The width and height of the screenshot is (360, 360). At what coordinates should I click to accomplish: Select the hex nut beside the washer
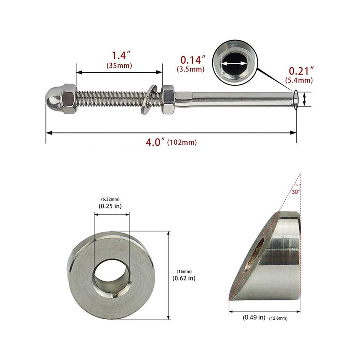(x=168, y=99)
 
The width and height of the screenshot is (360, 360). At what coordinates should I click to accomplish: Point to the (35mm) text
(x=119, y=66)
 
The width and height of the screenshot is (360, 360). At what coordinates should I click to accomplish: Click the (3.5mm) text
(x=191, y=69)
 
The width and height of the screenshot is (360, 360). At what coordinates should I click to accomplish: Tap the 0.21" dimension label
(x=301, y=71)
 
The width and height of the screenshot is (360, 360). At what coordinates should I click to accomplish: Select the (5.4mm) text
(x=299, y=80)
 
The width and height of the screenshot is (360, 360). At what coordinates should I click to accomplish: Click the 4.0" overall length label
(x=155, y=142)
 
